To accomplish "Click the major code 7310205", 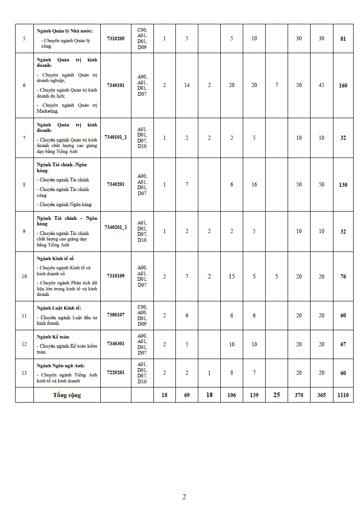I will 115,38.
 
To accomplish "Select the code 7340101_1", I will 115,137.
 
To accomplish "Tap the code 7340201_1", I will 115,227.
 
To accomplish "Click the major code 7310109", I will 115,276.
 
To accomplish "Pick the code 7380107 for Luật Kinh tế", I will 115,315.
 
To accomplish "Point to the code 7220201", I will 115,372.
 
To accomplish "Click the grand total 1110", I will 343,395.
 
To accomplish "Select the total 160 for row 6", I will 343,86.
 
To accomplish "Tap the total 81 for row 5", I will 343,39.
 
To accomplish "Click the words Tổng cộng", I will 67,395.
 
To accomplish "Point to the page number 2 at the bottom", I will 184,497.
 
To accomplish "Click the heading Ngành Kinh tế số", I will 55,259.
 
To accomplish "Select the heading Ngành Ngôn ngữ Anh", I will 59,365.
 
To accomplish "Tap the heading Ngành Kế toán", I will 53,337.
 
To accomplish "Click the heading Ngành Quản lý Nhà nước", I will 65,31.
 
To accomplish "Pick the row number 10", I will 24,276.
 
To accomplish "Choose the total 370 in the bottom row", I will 299,395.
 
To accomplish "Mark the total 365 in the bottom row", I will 322,395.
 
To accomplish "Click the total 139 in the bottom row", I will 254,395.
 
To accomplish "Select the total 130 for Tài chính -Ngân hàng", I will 343,185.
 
